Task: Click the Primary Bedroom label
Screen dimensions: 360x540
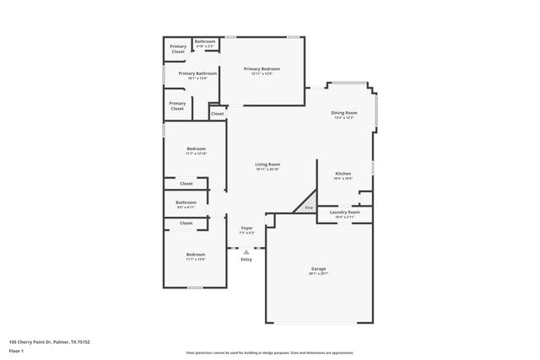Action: pyautogui.click(x=262, y=68)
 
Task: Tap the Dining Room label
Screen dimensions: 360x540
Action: pyautogui.click(x=343, y=112)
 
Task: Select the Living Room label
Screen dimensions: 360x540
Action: pyautogui.click(x=268, y=164)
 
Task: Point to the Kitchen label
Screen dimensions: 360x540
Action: pyautogui.click(x=343, y=173)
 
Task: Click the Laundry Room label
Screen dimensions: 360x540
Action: pyautogui.click(x=347, y=212)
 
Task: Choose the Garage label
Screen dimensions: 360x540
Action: pyautogui.click(x=318, y=268)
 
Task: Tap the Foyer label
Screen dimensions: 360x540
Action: pyautogui.click(x=246, y=228)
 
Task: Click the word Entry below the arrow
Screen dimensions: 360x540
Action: pyautogui.click(x=246, y=259)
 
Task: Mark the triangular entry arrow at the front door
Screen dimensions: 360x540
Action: pyautogui.click(x=246, y=251)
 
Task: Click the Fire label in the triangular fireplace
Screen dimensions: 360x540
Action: pyautogui.click(x=309, y=207)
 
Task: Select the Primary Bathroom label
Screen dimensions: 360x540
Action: pyautogui.click(x=197, y=73)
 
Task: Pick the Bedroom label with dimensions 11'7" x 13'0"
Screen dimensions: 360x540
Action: pyautogui.click(x=196, y=254)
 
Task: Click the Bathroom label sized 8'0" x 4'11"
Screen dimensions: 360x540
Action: pyautogui.click(x=186, y=202)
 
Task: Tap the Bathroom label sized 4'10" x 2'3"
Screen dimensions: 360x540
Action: pyautogui.click(x=205, y=41)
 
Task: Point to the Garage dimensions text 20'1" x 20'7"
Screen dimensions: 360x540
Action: pyautogui.click(x=318, y=274)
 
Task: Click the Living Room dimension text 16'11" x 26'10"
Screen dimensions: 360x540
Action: pyautogui.click(x=268, y=169)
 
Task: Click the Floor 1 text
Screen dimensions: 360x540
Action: pyautogui.click(x=16, y=350)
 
